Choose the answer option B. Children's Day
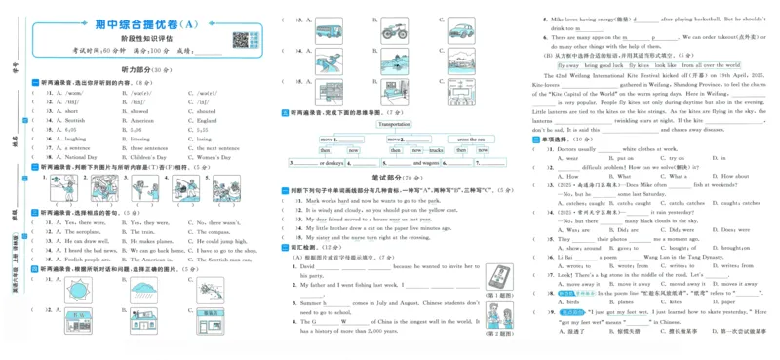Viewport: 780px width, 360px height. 136,156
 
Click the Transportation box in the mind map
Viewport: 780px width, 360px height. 394,125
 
